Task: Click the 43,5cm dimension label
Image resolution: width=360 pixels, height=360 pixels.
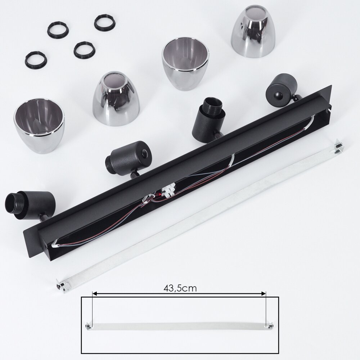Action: (180, 288)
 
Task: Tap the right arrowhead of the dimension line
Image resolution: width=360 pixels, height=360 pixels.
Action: (264, 293)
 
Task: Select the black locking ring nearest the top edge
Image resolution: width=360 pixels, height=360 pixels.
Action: (105, 22)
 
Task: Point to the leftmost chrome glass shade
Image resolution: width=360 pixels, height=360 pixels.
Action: (39, 126)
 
